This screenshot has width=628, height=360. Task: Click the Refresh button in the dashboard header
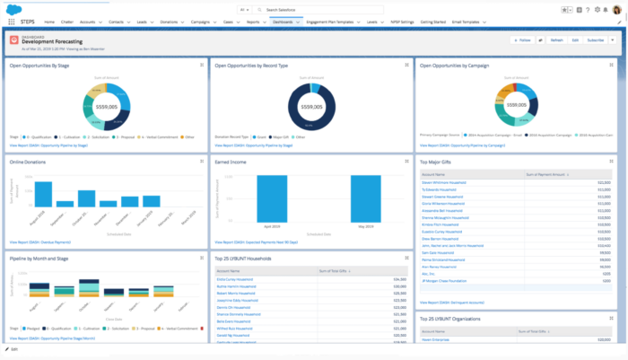tap(556, 40)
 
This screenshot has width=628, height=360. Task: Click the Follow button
tap(522, 40)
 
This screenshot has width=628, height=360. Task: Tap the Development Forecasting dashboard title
tap(52, 42)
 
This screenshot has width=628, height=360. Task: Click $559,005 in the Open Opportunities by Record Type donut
tap(311, 107)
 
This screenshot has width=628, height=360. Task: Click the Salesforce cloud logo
tap(10, 8)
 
